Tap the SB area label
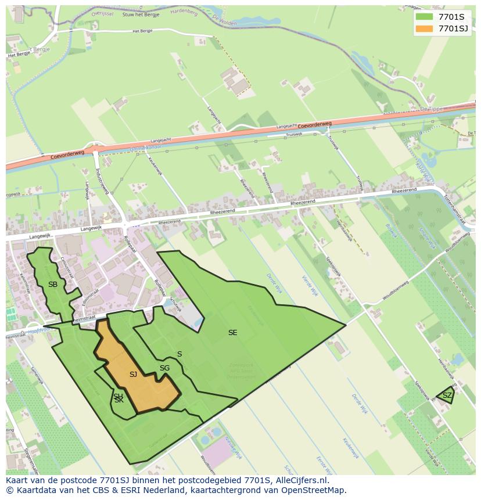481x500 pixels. pyautogui.click(x=53, y=285)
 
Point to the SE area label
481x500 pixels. pyautogui.click(x=233, y=333)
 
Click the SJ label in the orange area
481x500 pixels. pyautogui.click(x=133, y=375)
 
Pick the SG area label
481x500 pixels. pyautogui.click(x=164, y=368)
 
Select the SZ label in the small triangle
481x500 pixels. pyautogui.click(x=447, y=395)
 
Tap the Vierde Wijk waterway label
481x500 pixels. pyautogui.click(x=310, y=285)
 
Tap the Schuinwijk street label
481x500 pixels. pyautogui.click(x=175, y=305)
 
